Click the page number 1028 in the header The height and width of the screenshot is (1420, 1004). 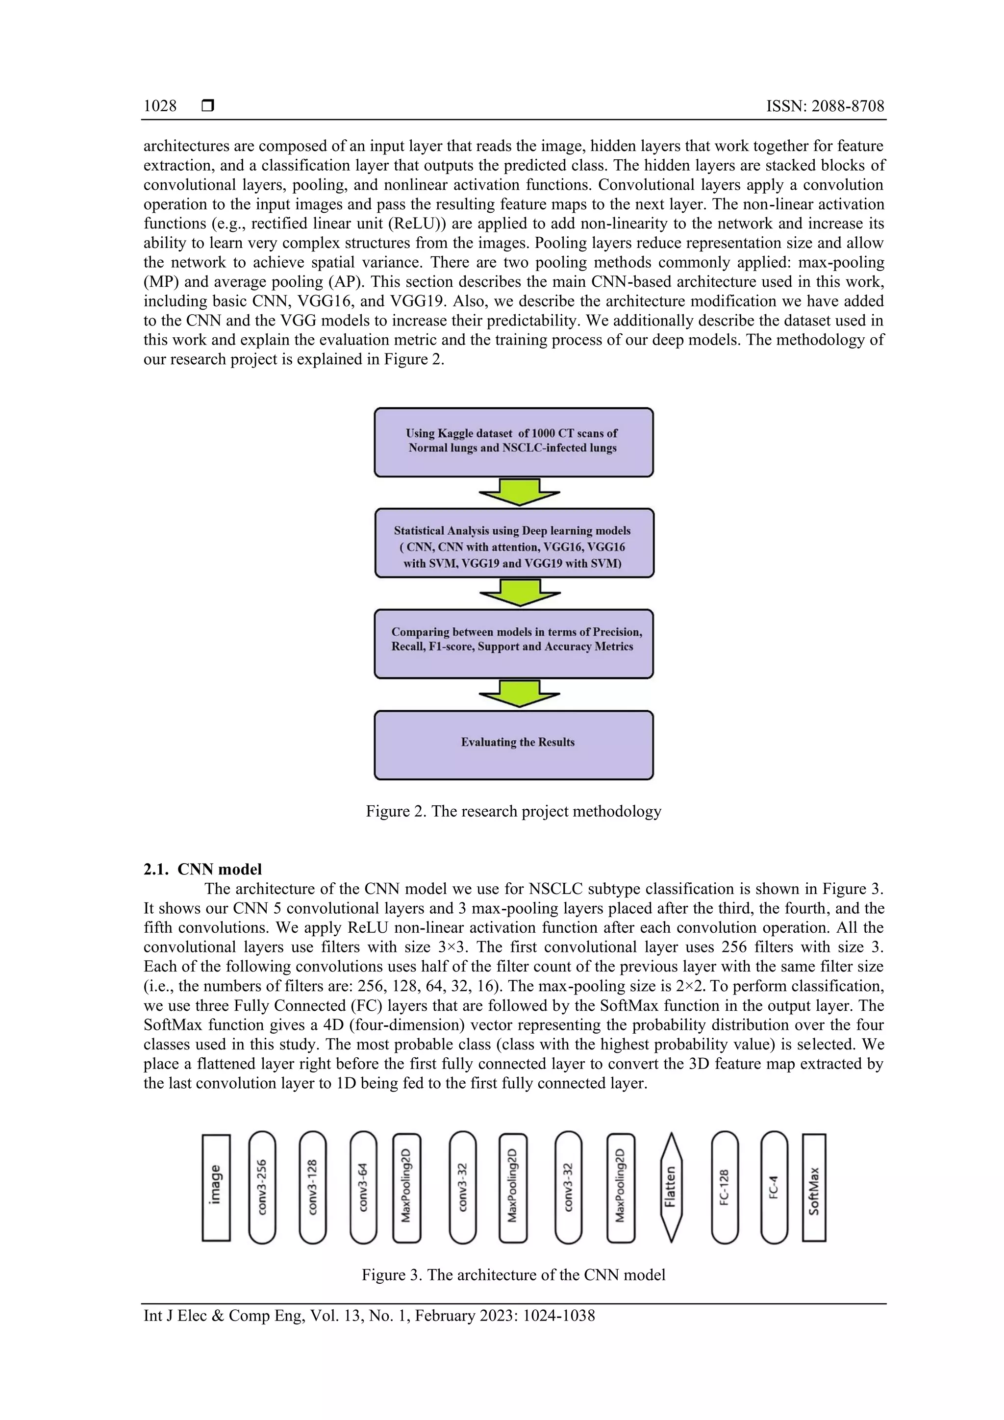pos(160,106)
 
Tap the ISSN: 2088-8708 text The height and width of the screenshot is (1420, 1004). pos(825,106)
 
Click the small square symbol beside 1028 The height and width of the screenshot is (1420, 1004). pos(208,106)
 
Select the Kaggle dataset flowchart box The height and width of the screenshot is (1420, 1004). pos(513,442)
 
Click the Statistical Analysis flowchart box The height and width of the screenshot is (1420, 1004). pos(513,543)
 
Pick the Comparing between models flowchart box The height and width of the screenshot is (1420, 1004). pos(513,644)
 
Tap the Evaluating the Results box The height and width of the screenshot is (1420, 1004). pos(513,745)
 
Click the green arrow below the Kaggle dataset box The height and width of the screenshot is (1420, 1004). pos(519,492)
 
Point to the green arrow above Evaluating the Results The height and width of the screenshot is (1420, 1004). pos(519,693)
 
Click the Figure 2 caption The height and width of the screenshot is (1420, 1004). pos(513,811)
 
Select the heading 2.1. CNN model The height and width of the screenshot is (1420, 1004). pos(202,870)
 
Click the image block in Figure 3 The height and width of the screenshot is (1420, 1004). pos(216,1188)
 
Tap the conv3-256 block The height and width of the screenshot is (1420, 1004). pos(262,1188)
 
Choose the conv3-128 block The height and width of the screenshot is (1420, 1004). pos(312,1188)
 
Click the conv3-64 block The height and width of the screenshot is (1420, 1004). pos(363,1188)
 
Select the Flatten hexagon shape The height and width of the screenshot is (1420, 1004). pos(671,1188)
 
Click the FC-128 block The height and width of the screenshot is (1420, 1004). pos(725,1188)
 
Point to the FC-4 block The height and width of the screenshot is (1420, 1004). pos(774,1188)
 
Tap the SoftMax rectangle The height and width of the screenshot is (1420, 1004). pos(814,1188)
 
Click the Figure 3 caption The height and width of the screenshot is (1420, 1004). pos(513,1275)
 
